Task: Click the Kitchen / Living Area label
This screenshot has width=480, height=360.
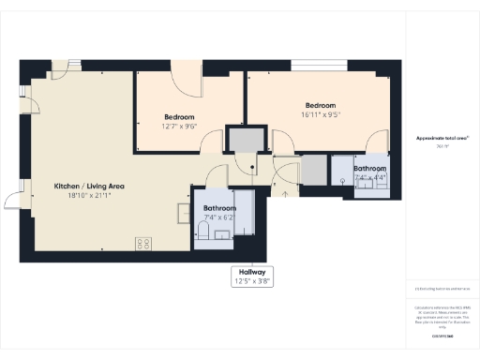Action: click(89, 187)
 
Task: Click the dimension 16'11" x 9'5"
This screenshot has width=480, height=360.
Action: click(320, 116)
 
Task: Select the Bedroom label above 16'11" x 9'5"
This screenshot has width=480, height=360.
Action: click(320, 105)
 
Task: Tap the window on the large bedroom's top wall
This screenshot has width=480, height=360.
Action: click(319, 67)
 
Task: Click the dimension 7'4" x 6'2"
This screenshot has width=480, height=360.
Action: click(220, 217)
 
